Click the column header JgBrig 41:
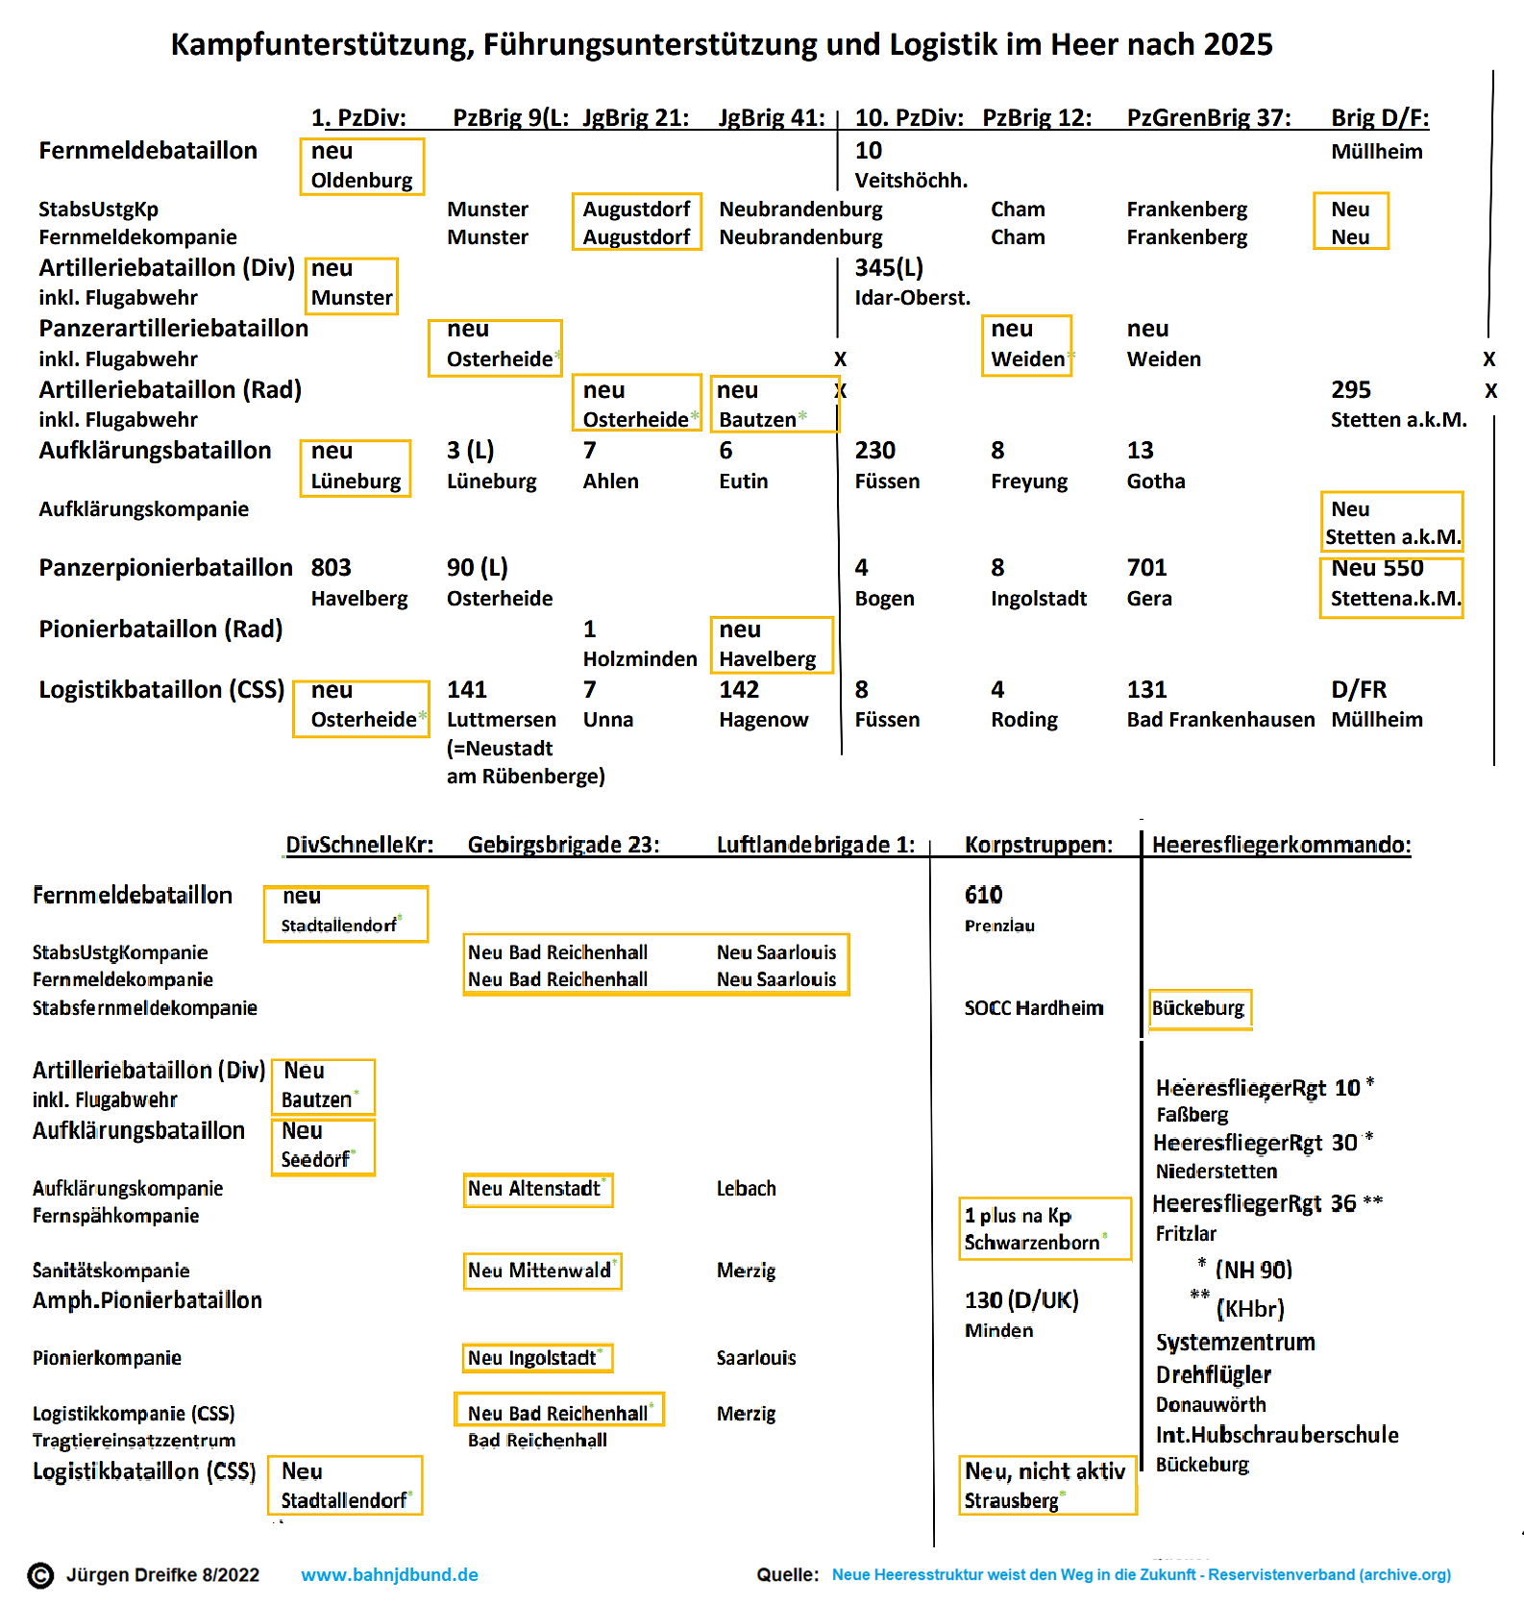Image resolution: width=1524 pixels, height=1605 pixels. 772,118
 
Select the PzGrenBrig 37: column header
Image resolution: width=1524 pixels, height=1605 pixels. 1209,118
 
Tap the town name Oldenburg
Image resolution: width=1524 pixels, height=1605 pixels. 361,181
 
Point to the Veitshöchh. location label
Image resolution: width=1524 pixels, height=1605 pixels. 911,181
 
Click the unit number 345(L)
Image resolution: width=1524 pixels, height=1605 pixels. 889,268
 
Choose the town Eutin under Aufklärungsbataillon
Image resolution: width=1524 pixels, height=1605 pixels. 743,481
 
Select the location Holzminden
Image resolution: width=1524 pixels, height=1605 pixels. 640,659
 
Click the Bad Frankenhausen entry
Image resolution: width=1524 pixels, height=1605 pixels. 1220,720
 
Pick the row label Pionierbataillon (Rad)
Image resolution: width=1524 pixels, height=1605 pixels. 160,630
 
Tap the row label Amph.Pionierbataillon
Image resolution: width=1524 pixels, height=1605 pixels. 147,1300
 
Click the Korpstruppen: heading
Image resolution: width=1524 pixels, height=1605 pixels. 1039,845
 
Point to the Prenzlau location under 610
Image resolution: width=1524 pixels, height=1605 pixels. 999,926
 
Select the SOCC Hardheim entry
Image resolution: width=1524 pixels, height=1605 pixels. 1034,1008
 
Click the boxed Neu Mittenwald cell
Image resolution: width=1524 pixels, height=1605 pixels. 541,1271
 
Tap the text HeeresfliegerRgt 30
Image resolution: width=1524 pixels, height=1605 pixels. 1255,1143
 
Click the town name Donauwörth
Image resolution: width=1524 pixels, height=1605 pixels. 1211,1405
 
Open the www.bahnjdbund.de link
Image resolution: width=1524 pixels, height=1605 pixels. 389,1575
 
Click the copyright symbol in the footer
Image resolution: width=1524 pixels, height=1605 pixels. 40,1576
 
